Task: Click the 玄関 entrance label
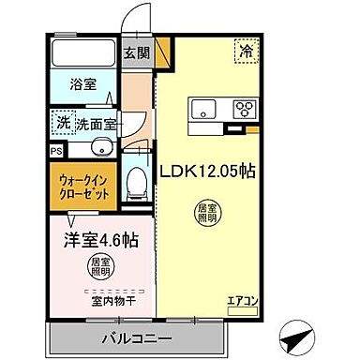click(135, 53)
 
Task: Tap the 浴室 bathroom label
click(83, 84)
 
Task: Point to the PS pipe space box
click(57, 148)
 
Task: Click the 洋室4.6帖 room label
click(101, 239)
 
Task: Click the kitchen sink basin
click(203, 109)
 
